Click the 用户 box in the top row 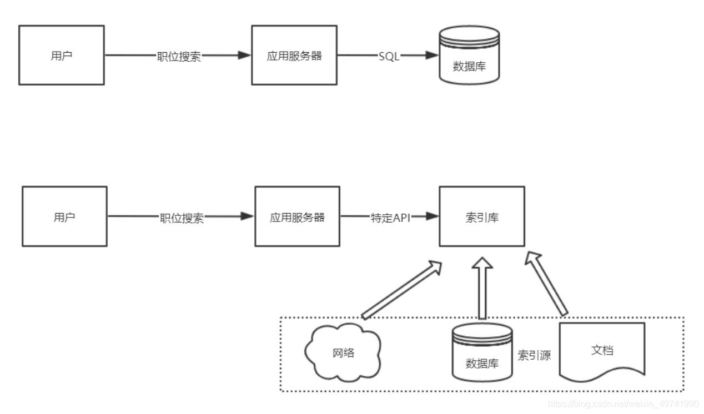pos(61,55)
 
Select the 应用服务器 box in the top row pos(294,55)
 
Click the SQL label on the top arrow pos(389,56)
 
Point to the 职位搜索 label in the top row pos(178,56)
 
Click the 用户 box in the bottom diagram pos(64,216)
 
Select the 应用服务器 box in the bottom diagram pos(297,216)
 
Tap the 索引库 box pos(482,216)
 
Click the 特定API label pos(390,218)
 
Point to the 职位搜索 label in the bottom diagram pos(182,218)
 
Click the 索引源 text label pos(534,356)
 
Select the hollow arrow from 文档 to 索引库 pos(547,283)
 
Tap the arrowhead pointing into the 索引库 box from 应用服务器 pos(433,216)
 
